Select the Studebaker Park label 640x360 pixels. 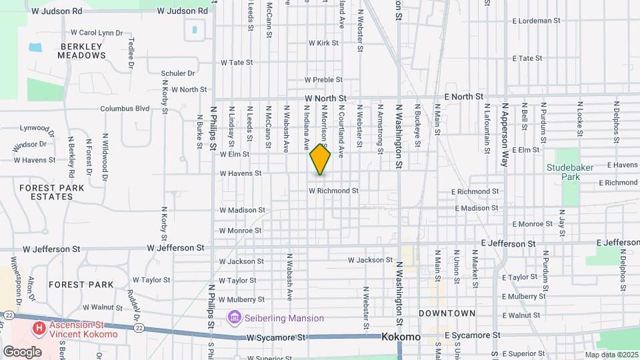571,173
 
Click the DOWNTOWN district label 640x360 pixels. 447,313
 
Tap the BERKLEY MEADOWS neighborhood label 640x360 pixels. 82,51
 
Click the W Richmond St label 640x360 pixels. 333,191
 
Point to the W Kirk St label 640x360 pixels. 323,43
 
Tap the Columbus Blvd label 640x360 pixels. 125,109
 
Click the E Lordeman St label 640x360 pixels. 537,21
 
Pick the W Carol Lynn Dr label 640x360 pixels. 97,32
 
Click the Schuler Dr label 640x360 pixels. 177,73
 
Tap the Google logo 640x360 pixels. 22,351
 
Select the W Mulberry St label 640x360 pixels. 241,300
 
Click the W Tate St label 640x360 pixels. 237,62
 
